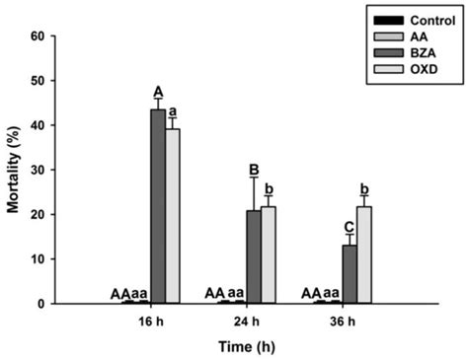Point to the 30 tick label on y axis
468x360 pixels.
pyautogui.click(x=40, y=170)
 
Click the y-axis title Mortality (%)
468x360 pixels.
pyautogui.click(x=13, y=170)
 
